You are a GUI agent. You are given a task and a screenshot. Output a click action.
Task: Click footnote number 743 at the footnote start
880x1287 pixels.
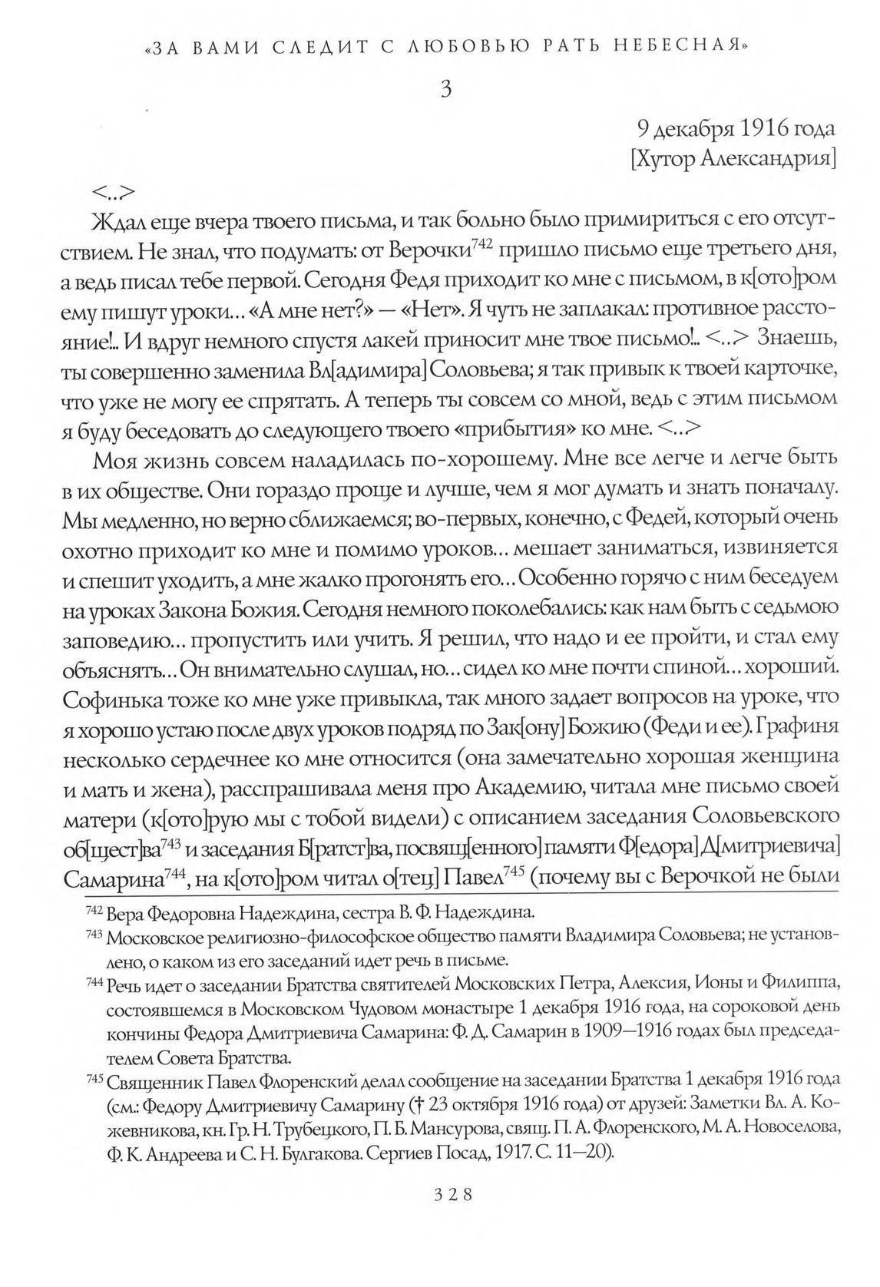pos(94,936)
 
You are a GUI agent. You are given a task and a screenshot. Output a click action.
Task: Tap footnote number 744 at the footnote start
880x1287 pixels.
pos(94,984)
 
